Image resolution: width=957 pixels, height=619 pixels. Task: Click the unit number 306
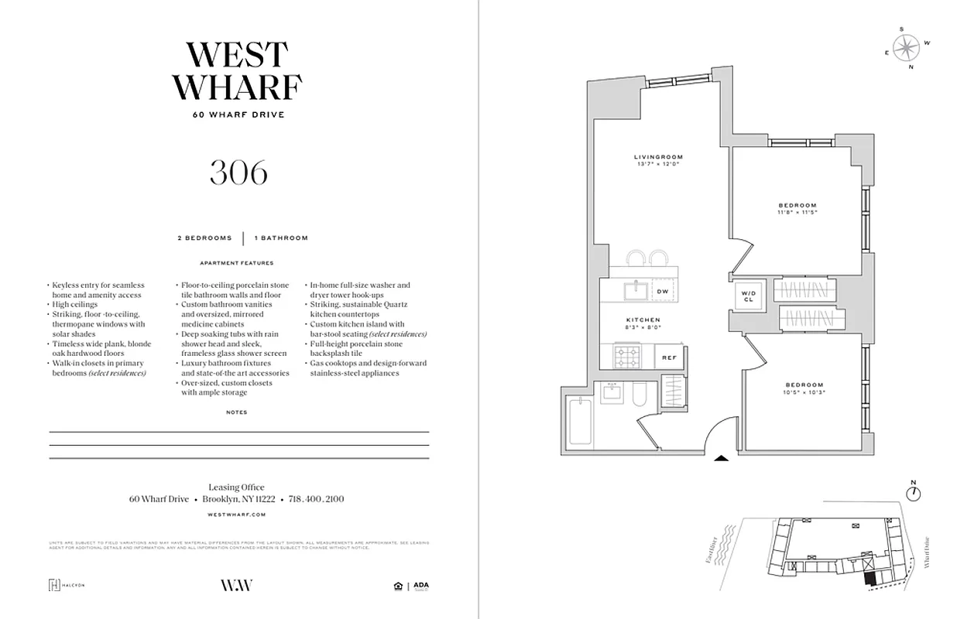pyautogui.click(x=238, y=173)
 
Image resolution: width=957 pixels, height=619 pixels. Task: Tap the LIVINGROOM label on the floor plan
pyautogui.click(x=658, y=157)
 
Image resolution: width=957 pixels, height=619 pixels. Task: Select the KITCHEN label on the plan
pyautogui.click(x=643, y=320)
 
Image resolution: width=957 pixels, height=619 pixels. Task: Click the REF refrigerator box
pyautogui.click(x=669, y=357)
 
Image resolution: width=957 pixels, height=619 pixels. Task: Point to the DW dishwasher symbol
pyautogui.click(x=663, y=291)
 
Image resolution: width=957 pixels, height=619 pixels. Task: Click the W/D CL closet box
pyautogui.click(x=749, y=295)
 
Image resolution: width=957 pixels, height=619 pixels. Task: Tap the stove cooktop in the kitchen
pyautogui.click(x=626, y=357)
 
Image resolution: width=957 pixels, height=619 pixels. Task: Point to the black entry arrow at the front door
pyautogui.click(x=721, y=458)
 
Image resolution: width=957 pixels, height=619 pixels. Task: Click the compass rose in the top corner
pyautogui.click(x=904, y=48)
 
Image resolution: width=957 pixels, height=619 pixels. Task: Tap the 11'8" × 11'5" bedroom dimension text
pyautogui.click(x=797, y=212)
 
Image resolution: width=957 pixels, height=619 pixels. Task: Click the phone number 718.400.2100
pyautogui.click(x=316, y=500)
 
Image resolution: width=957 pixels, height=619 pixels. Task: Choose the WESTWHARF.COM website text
pyautogui.click(x=238, y=514)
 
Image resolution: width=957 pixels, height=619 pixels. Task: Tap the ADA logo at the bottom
pyautogui.click(x=420, y=586)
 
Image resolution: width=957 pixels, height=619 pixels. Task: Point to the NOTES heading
pyautogui.click(x=237, y=412)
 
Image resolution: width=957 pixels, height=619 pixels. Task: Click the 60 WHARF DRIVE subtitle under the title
pyautogui.click(x=238, y=115)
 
